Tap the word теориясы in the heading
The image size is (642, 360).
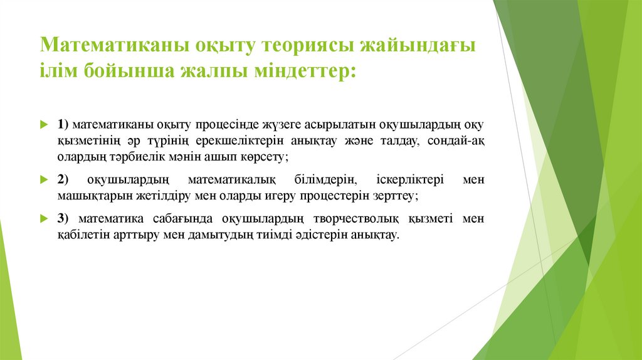(304, 46)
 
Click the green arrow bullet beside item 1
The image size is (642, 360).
(43, 124)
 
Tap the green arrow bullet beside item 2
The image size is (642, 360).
(43, 180)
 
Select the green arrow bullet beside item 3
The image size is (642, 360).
(43, 220)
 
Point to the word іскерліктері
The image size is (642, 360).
(410, 180)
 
